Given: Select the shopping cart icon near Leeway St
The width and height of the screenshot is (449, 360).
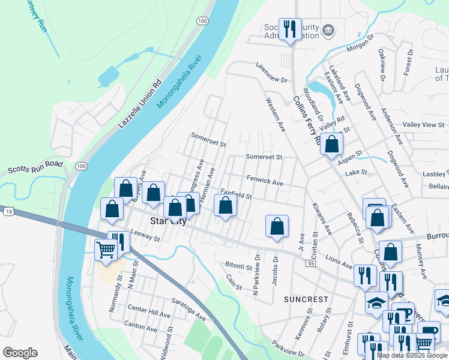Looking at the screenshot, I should click(106, 248).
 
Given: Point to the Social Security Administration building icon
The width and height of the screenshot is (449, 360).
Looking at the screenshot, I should click(328, 30).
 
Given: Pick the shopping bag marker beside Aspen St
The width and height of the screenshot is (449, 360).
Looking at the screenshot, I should click(331, 144).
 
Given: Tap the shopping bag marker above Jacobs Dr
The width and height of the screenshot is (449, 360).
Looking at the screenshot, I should click(277, 226).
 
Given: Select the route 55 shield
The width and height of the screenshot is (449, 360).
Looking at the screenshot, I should click(310, 263).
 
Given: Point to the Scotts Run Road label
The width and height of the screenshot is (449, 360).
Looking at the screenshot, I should click(35, 167).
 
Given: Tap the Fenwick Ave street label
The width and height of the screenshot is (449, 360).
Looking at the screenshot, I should click(265, 180).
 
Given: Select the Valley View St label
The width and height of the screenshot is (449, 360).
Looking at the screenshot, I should click(423, 125).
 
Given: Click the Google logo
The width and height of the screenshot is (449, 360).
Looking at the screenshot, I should click(20, 353).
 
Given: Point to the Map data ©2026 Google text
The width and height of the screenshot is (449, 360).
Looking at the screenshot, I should click(412, 355).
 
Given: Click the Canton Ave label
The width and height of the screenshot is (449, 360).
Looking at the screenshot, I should click(140, 326).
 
